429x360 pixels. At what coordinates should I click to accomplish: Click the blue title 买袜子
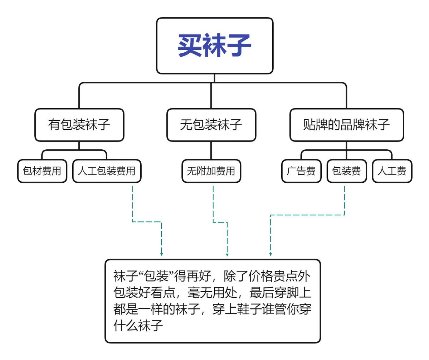pyautogui.click(x=215, y=46)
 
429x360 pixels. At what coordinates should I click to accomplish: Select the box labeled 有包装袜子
pyautogui.click(x=79, y=125)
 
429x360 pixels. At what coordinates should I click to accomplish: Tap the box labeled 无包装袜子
pyautogui.click(x=211, y=125)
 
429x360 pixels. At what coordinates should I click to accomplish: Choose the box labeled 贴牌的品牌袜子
pyautogui.click(x=346, y=125)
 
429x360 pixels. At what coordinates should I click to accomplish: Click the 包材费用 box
pyautogui.click(x=42, y=171)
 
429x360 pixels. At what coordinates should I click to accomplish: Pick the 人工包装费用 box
pyautogui.click(x=107, y=171)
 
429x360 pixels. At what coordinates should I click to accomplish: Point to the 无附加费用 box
pyautogui.click(x=211, y=171)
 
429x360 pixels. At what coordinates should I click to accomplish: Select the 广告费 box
pyautogui.click(x=301, y=171)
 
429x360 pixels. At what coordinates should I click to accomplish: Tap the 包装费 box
pyautogui.click(x=346, y=171)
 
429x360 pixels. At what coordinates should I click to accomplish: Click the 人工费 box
pyautogui.click(x=392, y=171)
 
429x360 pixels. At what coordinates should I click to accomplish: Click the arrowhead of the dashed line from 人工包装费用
pyautogui.click(x=162, y=254)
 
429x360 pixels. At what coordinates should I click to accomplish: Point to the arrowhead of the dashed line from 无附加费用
pyautogui.click(x=227, y=254)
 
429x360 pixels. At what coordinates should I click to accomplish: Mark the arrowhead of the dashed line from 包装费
pyautogui.click(x=270, y=254)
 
